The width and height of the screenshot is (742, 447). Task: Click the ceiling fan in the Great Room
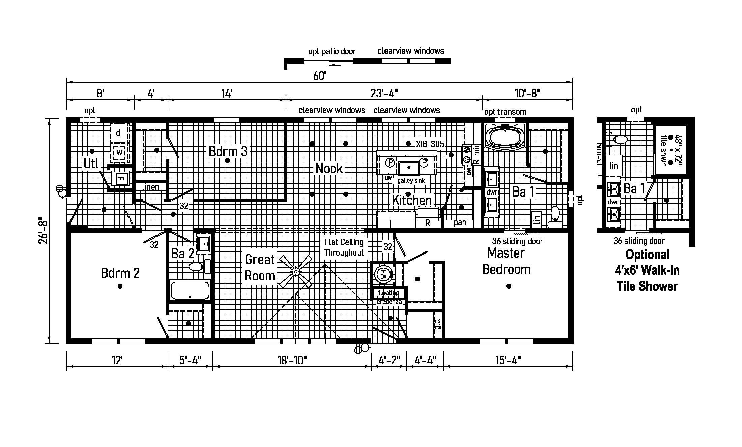coord(296,271)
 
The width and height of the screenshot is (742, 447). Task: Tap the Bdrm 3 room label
coord(228,151)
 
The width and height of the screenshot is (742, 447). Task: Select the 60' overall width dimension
coord(319,76)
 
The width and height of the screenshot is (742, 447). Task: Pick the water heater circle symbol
coord(383,274)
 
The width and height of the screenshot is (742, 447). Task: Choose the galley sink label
coord(411,180)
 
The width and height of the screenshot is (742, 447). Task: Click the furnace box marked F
coord(120,179)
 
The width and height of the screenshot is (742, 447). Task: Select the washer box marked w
coord(119,153)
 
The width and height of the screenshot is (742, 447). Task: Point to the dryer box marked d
coord(118,133)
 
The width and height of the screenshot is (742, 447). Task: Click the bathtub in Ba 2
coord(190,290)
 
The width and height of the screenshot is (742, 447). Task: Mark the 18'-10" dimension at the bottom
coord(292,361)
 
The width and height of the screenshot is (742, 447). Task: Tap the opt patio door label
coord(332,51)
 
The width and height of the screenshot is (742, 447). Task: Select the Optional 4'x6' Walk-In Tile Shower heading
coord(647,270)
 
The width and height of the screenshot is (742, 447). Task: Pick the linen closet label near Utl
coord(150,187)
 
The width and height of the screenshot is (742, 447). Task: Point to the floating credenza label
coord(389,297)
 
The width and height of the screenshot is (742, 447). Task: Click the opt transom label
coord(505,112)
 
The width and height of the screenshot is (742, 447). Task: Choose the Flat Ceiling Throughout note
coord(344,247)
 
